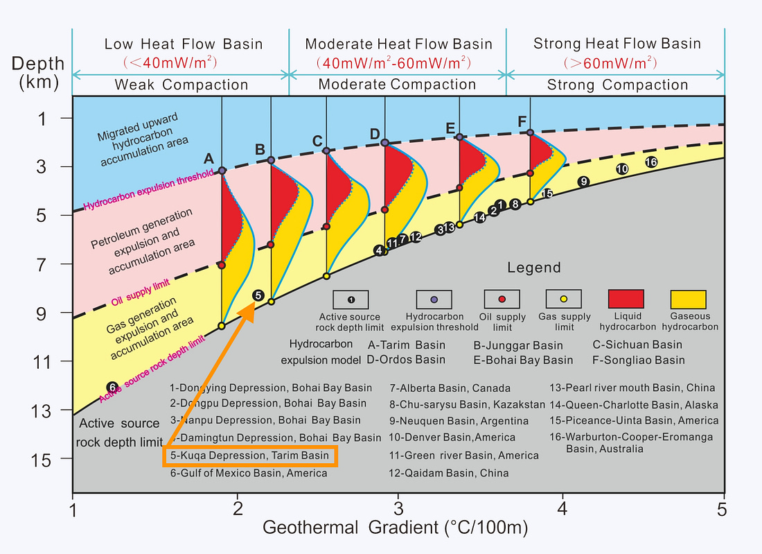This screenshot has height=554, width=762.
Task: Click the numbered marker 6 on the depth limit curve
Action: tap(112, 387)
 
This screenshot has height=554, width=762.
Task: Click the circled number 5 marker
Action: tap(258, 295)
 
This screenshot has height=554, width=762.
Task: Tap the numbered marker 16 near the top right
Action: tap(651, 162)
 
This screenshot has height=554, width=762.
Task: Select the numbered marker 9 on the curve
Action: tap(584, 182)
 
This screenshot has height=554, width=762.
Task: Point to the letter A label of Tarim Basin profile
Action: tap(209, 159)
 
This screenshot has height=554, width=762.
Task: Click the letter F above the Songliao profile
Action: tap(522, 121)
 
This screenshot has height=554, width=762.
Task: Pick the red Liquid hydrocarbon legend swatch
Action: tap(626, 299)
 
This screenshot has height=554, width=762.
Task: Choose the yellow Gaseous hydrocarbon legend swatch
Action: tap(688, 299)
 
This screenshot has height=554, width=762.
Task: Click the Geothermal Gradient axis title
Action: tap(395, 528)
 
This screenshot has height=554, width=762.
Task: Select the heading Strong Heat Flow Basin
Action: tap(617, 44)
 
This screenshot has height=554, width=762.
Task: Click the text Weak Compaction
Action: tap(181, 85)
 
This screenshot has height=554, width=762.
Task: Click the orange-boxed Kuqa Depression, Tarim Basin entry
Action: tap(250, 456)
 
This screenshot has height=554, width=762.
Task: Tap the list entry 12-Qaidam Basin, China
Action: tap(449, 473)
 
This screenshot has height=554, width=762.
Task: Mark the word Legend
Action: tap(534, 268)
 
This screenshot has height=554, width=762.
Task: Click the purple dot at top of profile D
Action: tap(384, 142)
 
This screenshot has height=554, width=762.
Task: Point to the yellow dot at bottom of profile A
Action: tap(222, 326)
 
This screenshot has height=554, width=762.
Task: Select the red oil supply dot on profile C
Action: tap(326, 227)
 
